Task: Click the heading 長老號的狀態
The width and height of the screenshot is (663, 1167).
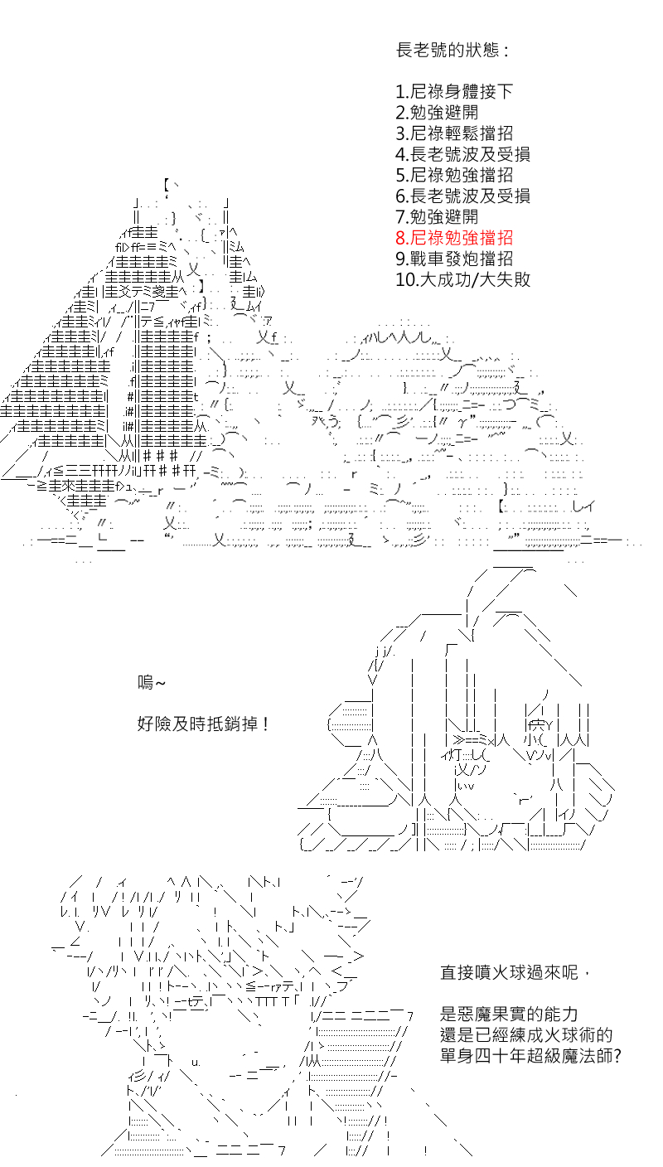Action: coord(452,51)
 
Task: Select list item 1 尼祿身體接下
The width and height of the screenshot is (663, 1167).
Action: coord(454,92)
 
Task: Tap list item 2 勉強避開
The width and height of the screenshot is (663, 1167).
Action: coord(437,113)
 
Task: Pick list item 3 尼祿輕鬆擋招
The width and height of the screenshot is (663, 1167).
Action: coord(454,133)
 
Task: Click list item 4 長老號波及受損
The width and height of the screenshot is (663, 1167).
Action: coord(463,154)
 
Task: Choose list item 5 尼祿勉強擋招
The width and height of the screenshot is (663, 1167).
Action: coord(454,175)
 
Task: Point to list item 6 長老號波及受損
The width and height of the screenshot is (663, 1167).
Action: coord(463,196)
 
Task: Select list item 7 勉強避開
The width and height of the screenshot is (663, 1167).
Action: coord(437,216)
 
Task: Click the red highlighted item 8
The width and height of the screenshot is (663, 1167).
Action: coord(454,238)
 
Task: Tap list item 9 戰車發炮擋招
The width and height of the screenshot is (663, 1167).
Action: coord(454,259)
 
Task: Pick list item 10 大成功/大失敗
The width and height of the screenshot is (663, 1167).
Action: coord(463,280)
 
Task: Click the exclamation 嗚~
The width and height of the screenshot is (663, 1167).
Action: coord(151,682)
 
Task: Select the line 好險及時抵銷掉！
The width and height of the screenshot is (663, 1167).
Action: coord(204,724)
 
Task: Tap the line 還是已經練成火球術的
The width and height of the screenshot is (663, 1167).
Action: coord(526,1034)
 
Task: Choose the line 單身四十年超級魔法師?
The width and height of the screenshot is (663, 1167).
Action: coord(530,1055)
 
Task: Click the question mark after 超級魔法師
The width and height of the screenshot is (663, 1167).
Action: coord(617,1056)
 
